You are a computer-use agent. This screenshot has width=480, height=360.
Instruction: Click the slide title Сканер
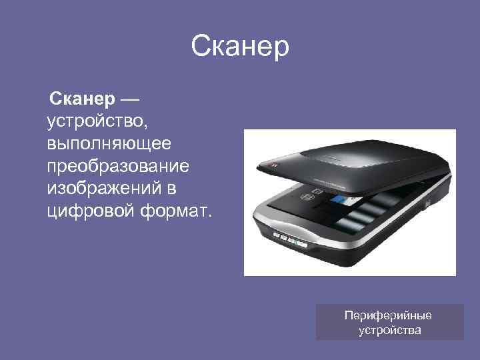pos(240,47)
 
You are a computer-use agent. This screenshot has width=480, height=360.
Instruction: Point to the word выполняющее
pos(109,143)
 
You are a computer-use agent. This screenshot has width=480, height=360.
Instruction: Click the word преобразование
pos(118,165)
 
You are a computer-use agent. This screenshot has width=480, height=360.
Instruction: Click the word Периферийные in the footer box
pos(389,315)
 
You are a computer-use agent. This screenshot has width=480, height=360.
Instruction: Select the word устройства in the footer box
pos(389,329)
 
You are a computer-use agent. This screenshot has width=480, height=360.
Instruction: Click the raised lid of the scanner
pos(347,160)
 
